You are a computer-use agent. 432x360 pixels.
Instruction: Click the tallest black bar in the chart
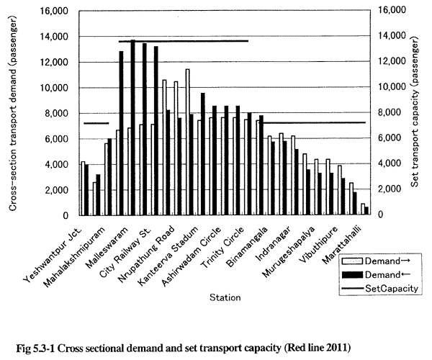click(x=132, y=127)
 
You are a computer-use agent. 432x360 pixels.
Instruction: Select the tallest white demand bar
click(x=187, y=142)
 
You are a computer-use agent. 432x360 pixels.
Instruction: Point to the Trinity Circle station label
click(x=222, y=247)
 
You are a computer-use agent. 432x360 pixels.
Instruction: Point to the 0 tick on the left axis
click(x=66, y=215)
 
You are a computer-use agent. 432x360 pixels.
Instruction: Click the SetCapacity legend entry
click(x=379, y=289)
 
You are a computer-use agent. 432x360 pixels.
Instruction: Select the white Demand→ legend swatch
click(x=352, y=261)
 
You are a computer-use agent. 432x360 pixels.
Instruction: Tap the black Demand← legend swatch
click(x=352, y=274)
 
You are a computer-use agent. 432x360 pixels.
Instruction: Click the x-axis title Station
click(x=225, y=297)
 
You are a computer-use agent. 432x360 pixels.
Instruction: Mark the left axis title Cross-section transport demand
click(x=13, y=114)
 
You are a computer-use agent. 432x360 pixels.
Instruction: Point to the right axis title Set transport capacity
click(x=415, y=112)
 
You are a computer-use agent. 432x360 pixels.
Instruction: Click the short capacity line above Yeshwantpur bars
click(x=96, y=123)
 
